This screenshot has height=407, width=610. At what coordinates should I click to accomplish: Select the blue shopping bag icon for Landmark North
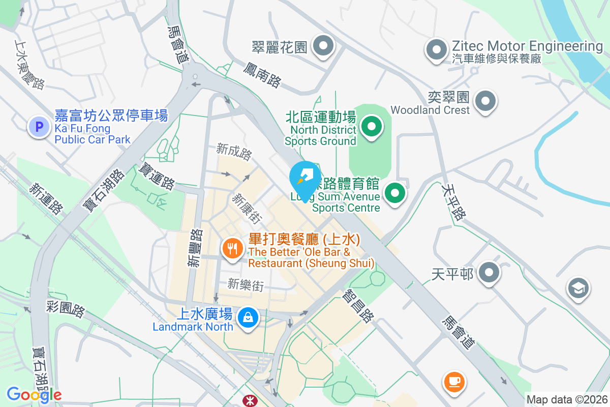[248, 318]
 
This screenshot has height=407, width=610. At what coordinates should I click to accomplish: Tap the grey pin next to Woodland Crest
[485, 100]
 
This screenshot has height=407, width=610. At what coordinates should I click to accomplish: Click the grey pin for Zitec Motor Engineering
[436, 49]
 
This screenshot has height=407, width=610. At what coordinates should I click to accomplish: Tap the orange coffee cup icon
[454, 382]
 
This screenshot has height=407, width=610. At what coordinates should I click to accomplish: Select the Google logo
[34, 394]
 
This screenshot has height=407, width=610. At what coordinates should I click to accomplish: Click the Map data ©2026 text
[567, 399]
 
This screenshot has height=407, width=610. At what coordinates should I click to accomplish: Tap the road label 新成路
[234, 152]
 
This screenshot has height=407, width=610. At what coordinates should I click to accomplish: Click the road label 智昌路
[358, 306]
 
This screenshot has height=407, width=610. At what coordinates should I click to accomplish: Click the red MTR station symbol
[250, 399]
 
